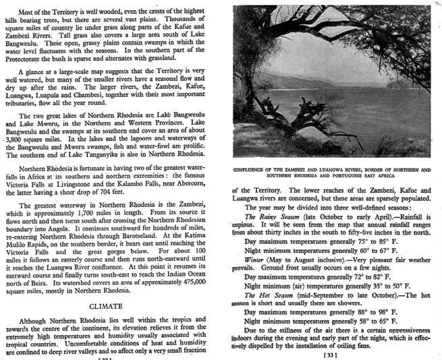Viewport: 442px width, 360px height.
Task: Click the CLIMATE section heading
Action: [x=111, y=305]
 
